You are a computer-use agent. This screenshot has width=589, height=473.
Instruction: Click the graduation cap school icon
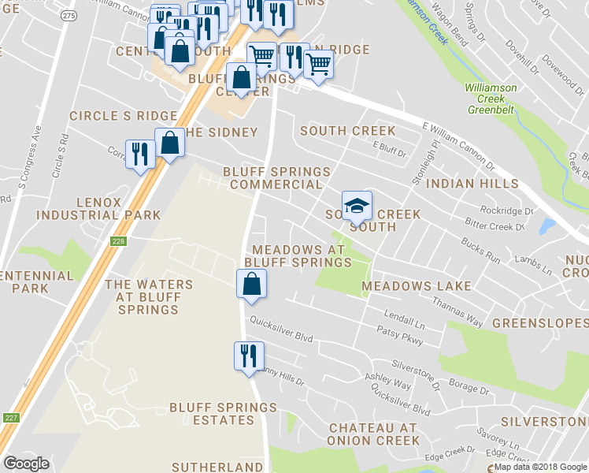click(357, 206)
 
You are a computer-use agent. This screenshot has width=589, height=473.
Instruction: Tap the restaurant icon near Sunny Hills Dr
click(249, 356)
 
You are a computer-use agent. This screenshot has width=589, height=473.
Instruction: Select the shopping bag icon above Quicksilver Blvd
click(251, 284)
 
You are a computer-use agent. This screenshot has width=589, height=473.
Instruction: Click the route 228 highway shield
click(118, 241)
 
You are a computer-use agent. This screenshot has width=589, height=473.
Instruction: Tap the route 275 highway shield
click(69, 16)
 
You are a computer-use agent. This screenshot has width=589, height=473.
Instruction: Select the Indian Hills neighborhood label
click(472, 184)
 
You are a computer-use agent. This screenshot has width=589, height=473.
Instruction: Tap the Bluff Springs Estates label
click(223, 414)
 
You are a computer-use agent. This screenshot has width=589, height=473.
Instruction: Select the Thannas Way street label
click(457, 311)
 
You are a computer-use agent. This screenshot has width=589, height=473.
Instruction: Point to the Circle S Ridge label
click(124, 116)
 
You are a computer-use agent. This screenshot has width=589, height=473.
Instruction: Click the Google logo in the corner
click(26, 464)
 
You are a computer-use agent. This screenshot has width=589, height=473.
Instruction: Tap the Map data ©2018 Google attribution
click(540, 467)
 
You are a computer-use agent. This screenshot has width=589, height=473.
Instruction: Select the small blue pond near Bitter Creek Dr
click(546, 227)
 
